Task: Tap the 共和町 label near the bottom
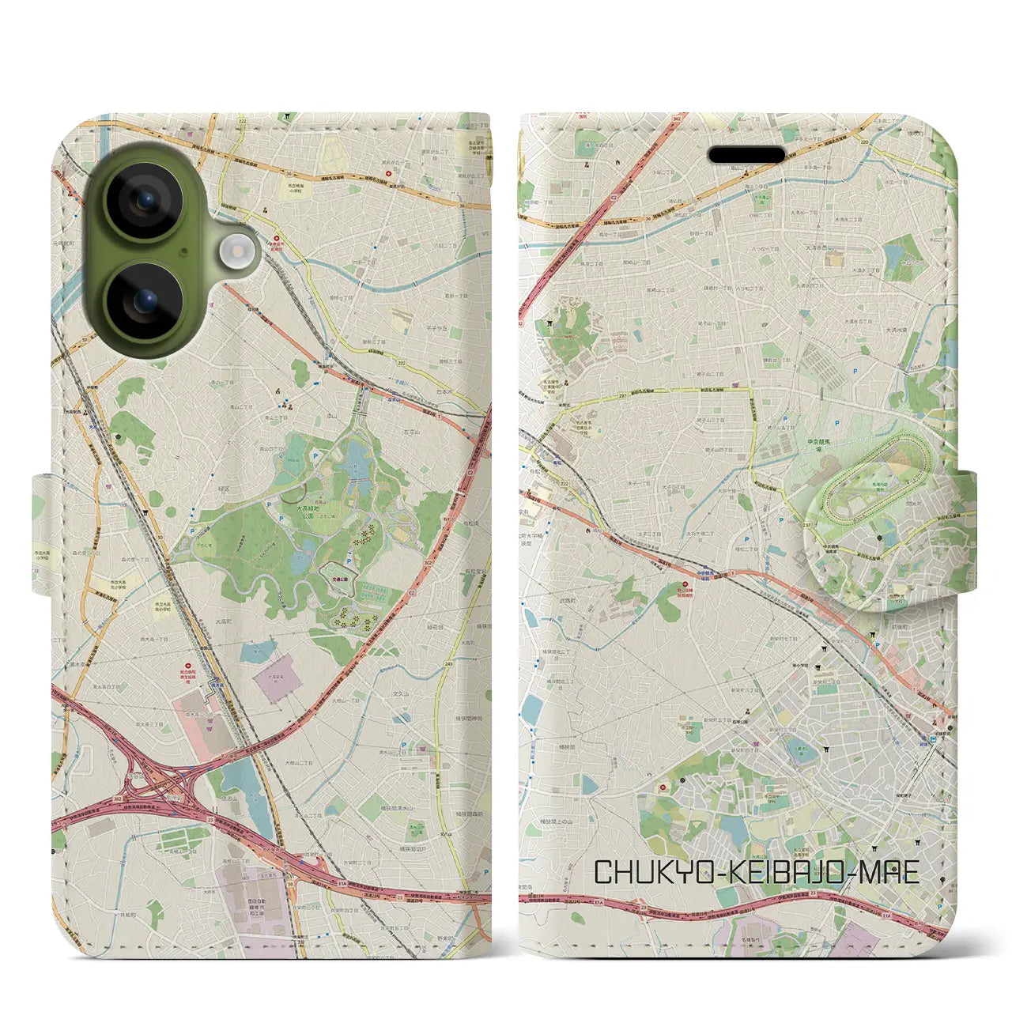coord(126,915)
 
